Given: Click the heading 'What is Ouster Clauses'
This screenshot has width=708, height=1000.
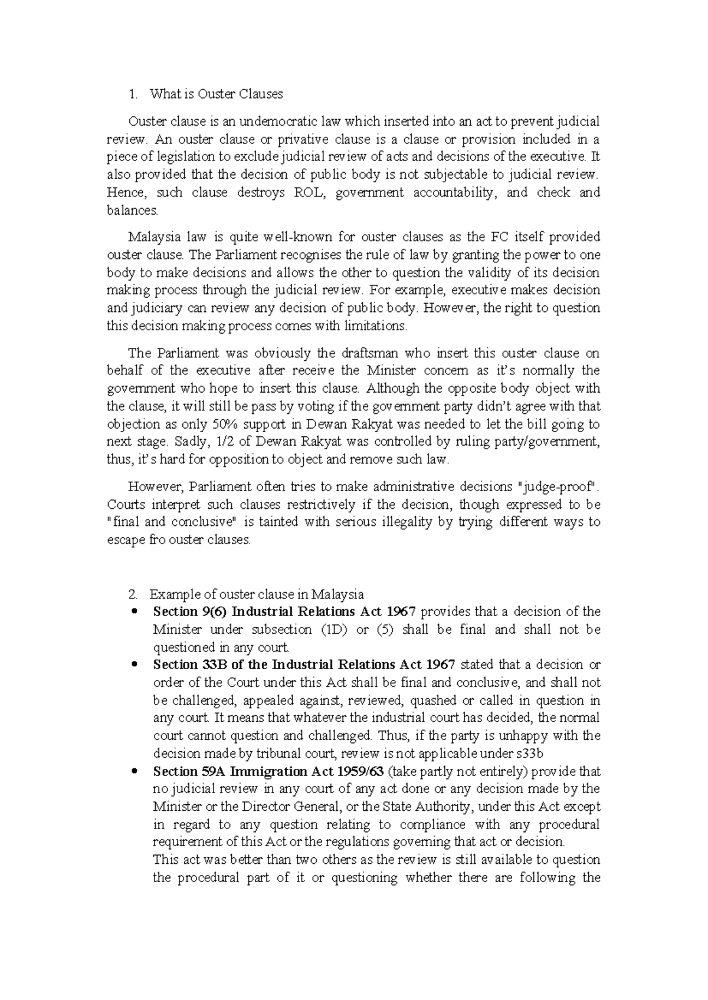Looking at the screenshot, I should (216, 94).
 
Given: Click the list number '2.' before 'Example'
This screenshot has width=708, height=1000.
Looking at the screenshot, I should (134, 594).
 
